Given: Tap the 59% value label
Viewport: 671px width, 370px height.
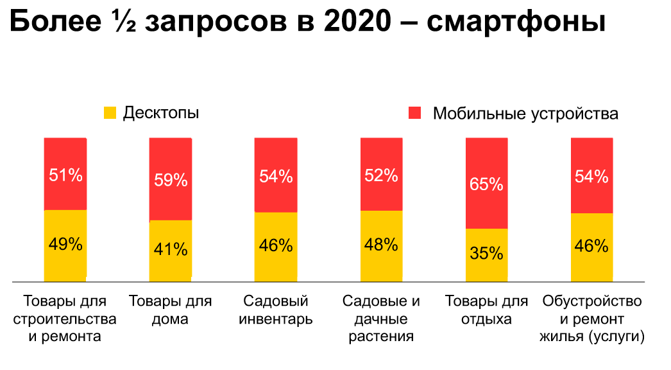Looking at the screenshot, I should [171, 180].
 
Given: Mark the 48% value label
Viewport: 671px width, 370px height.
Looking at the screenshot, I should [381, 245].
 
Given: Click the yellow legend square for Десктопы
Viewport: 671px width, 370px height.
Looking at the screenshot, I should [110, 113].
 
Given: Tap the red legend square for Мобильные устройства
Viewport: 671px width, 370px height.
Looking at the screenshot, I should [414, 114].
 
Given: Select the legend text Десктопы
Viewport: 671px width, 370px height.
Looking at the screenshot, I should [161, 113].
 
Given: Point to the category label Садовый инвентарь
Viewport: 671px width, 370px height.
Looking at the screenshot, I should [276, 310].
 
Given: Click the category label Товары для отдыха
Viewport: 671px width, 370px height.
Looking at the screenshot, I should [486, 310].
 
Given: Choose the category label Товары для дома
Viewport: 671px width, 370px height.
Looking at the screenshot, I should [171, 310].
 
